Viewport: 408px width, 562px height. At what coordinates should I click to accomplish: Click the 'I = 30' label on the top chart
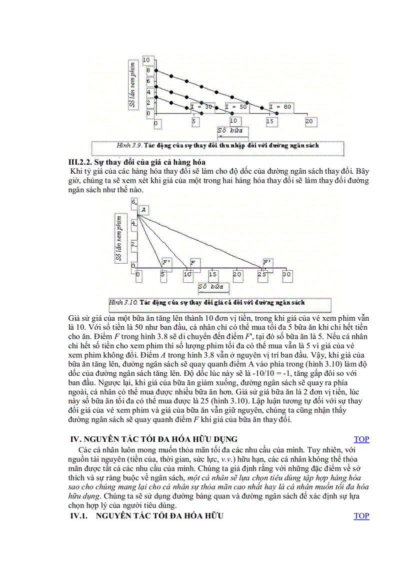[201, 107]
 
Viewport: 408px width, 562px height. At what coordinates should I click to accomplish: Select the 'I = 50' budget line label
[236, 107]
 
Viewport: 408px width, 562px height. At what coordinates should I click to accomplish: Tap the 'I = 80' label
[280, 107]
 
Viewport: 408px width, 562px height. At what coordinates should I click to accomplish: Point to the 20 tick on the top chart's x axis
[309, 122]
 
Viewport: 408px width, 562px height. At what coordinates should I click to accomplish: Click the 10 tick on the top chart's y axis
[146, 60]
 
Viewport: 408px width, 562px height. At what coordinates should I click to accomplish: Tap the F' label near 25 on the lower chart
[267, 262]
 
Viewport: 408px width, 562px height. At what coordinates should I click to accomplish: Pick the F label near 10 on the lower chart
[192, 262]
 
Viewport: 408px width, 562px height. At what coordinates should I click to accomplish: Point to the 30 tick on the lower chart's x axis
[286, 274]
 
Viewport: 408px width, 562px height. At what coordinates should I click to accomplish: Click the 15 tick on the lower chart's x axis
[212, 274]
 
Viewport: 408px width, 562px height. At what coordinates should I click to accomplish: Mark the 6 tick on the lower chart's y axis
[133, 202]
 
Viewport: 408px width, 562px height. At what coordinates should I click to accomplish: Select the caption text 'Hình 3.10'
[123, 302]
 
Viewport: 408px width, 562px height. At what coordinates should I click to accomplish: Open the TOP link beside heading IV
[361, 439]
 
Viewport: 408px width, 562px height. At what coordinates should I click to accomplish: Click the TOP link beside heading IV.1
[361, 516]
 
